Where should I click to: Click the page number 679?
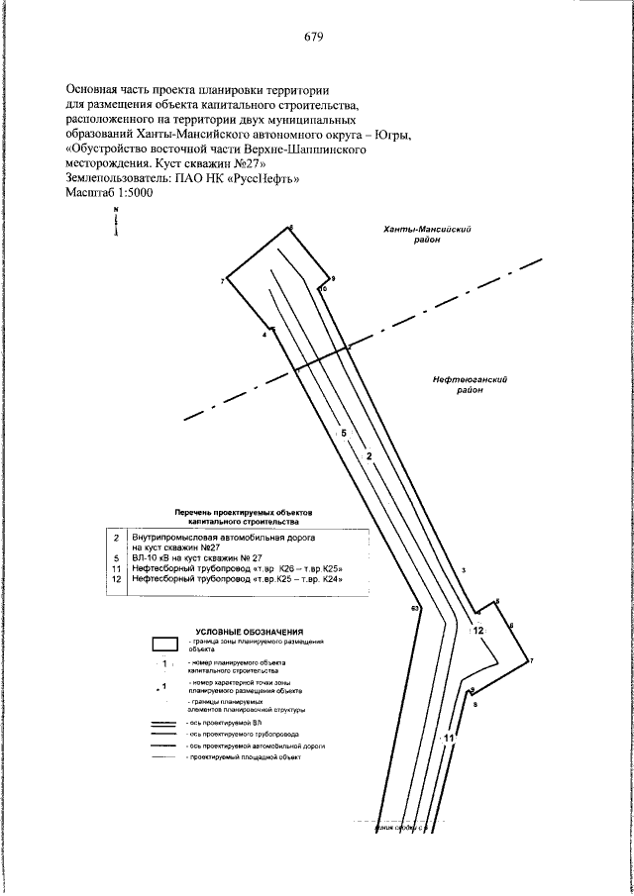[315, 38]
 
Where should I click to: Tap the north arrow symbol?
[116, 224]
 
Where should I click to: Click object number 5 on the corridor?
[343, 434]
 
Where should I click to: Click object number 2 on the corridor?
[369, 456]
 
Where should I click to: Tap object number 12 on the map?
[477, 630]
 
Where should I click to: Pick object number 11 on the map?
[449, 738]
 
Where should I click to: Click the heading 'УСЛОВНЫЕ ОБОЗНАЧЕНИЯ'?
[249, 631]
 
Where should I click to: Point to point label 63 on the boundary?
[415, 607]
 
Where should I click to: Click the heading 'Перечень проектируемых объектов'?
[243, 512]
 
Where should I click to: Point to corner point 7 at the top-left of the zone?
[223, 282]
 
